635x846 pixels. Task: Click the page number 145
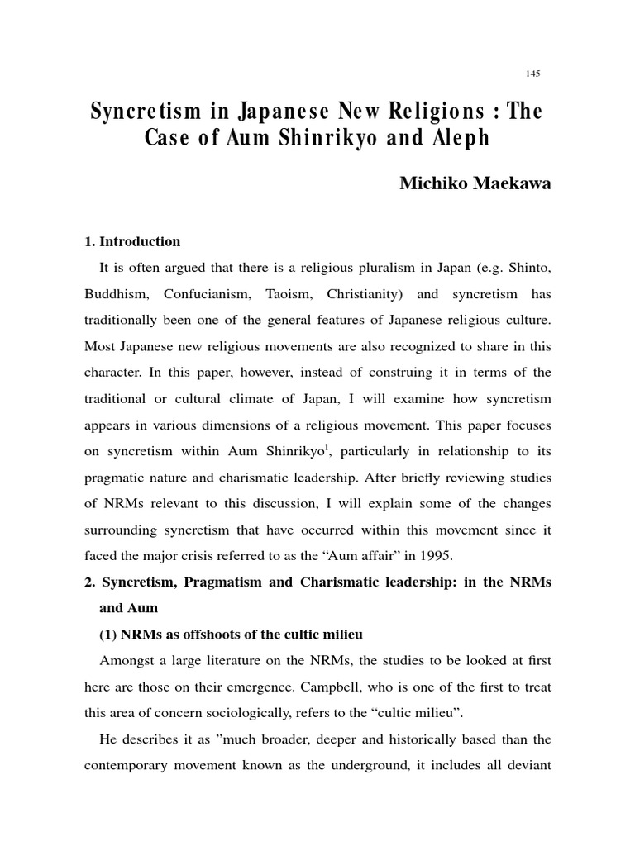532,74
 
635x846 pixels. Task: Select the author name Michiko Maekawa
475,184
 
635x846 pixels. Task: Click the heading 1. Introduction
132,242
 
